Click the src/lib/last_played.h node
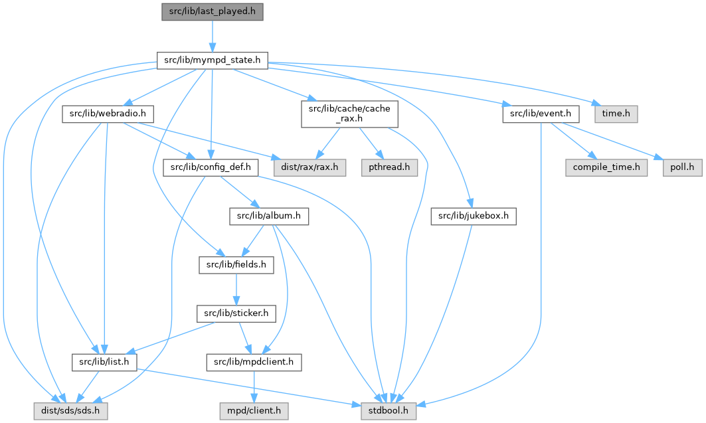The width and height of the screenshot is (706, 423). (x=213, y=11)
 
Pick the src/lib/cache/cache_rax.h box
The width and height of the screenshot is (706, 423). (x=349, y=114)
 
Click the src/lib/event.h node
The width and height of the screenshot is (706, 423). (x=541, y=114)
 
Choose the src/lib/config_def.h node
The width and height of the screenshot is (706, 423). (x=211, y=167)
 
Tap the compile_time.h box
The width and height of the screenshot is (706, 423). (x=607, y=167)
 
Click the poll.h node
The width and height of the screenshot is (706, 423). (x=681, y=167)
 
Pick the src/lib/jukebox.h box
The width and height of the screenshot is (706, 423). (x=473, y=216)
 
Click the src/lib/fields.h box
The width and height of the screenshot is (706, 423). (x=236, y=265)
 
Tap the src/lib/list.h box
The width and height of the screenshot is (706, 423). (x=104, y=362)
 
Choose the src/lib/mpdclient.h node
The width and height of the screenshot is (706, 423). (x=254, y=362)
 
